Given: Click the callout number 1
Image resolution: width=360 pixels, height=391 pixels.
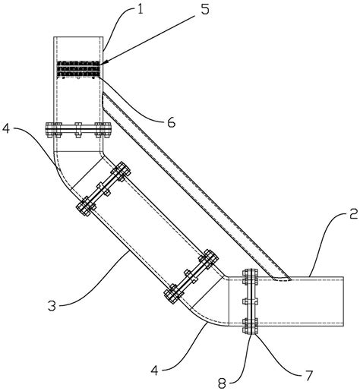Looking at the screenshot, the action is pos(140,10).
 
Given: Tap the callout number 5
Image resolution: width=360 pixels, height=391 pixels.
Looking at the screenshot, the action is pos(205,10).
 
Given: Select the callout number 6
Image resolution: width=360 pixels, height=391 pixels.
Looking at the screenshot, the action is pos(172,122).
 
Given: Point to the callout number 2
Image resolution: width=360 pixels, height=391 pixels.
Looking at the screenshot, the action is pos(353,214).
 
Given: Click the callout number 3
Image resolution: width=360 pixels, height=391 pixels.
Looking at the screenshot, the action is pos(52,306).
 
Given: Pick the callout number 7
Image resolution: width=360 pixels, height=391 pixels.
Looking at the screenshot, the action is pos(308,376).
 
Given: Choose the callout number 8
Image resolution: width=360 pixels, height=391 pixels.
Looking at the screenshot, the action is pos(222,383).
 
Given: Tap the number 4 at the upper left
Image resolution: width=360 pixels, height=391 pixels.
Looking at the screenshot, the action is pos(6,128).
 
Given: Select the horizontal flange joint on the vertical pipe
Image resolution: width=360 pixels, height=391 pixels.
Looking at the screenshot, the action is pos(78,130).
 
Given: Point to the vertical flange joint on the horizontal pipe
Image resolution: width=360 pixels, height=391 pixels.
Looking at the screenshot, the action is pos(250,301).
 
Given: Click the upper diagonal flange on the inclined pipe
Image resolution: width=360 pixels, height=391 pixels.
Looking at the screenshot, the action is pos(103,188).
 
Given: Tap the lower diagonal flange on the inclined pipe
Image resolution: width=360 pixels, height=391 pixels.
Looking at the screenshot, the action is pos(191,276).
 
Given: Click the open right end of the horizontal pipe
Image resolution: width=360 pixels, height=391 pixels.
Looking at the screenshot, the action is pos(343,301).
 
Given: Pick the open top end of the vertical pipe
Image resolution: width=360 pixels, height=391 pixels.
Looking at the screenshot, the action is pos(78,37).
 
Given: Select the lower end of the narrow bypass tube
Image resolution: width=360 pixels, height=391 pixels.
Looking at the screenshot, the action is pos(282,279).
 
